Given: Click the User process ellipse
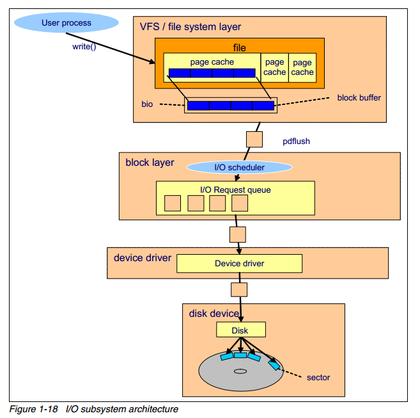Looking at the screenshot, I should pos(66,24).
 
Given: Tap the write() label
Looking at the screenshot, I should pos(84,47).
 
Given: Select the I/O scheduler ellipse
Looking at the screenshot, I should pos(239,168).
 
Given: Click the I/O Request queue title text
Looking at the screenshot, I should pos(235,189).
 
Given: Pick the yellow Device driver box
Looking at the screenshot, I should pos(239,263).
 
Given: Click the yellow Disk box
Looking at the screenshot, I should pos(240,330).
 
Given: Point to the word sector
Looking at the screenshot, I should pos(318,377).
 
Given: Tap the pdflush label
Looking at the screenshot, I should pos(296,141).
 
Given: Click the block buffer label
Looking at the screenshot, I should pos(359,98).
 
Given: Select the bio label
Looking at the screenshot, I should pos(147,103).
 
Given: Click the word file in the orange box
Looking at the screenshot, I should pos(239,47).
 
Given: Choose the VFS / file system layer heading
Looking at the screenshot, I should pos(191,27).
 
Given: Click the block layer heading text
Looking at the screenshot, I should pos(150,163).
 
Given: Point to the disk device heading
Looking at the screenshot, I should pos(214,314).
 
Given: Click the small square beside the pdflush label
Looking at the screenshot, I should pos(254,138).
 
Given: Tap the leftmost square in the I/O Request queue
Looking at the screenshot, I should pos(173,204).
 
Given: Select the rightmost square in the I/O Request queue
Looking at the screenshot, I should pos(240,204).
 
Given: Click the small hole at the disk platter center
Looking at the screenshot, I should pos(240,371).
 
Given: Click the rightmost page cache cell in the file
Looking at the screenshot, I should pos(302,67).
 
